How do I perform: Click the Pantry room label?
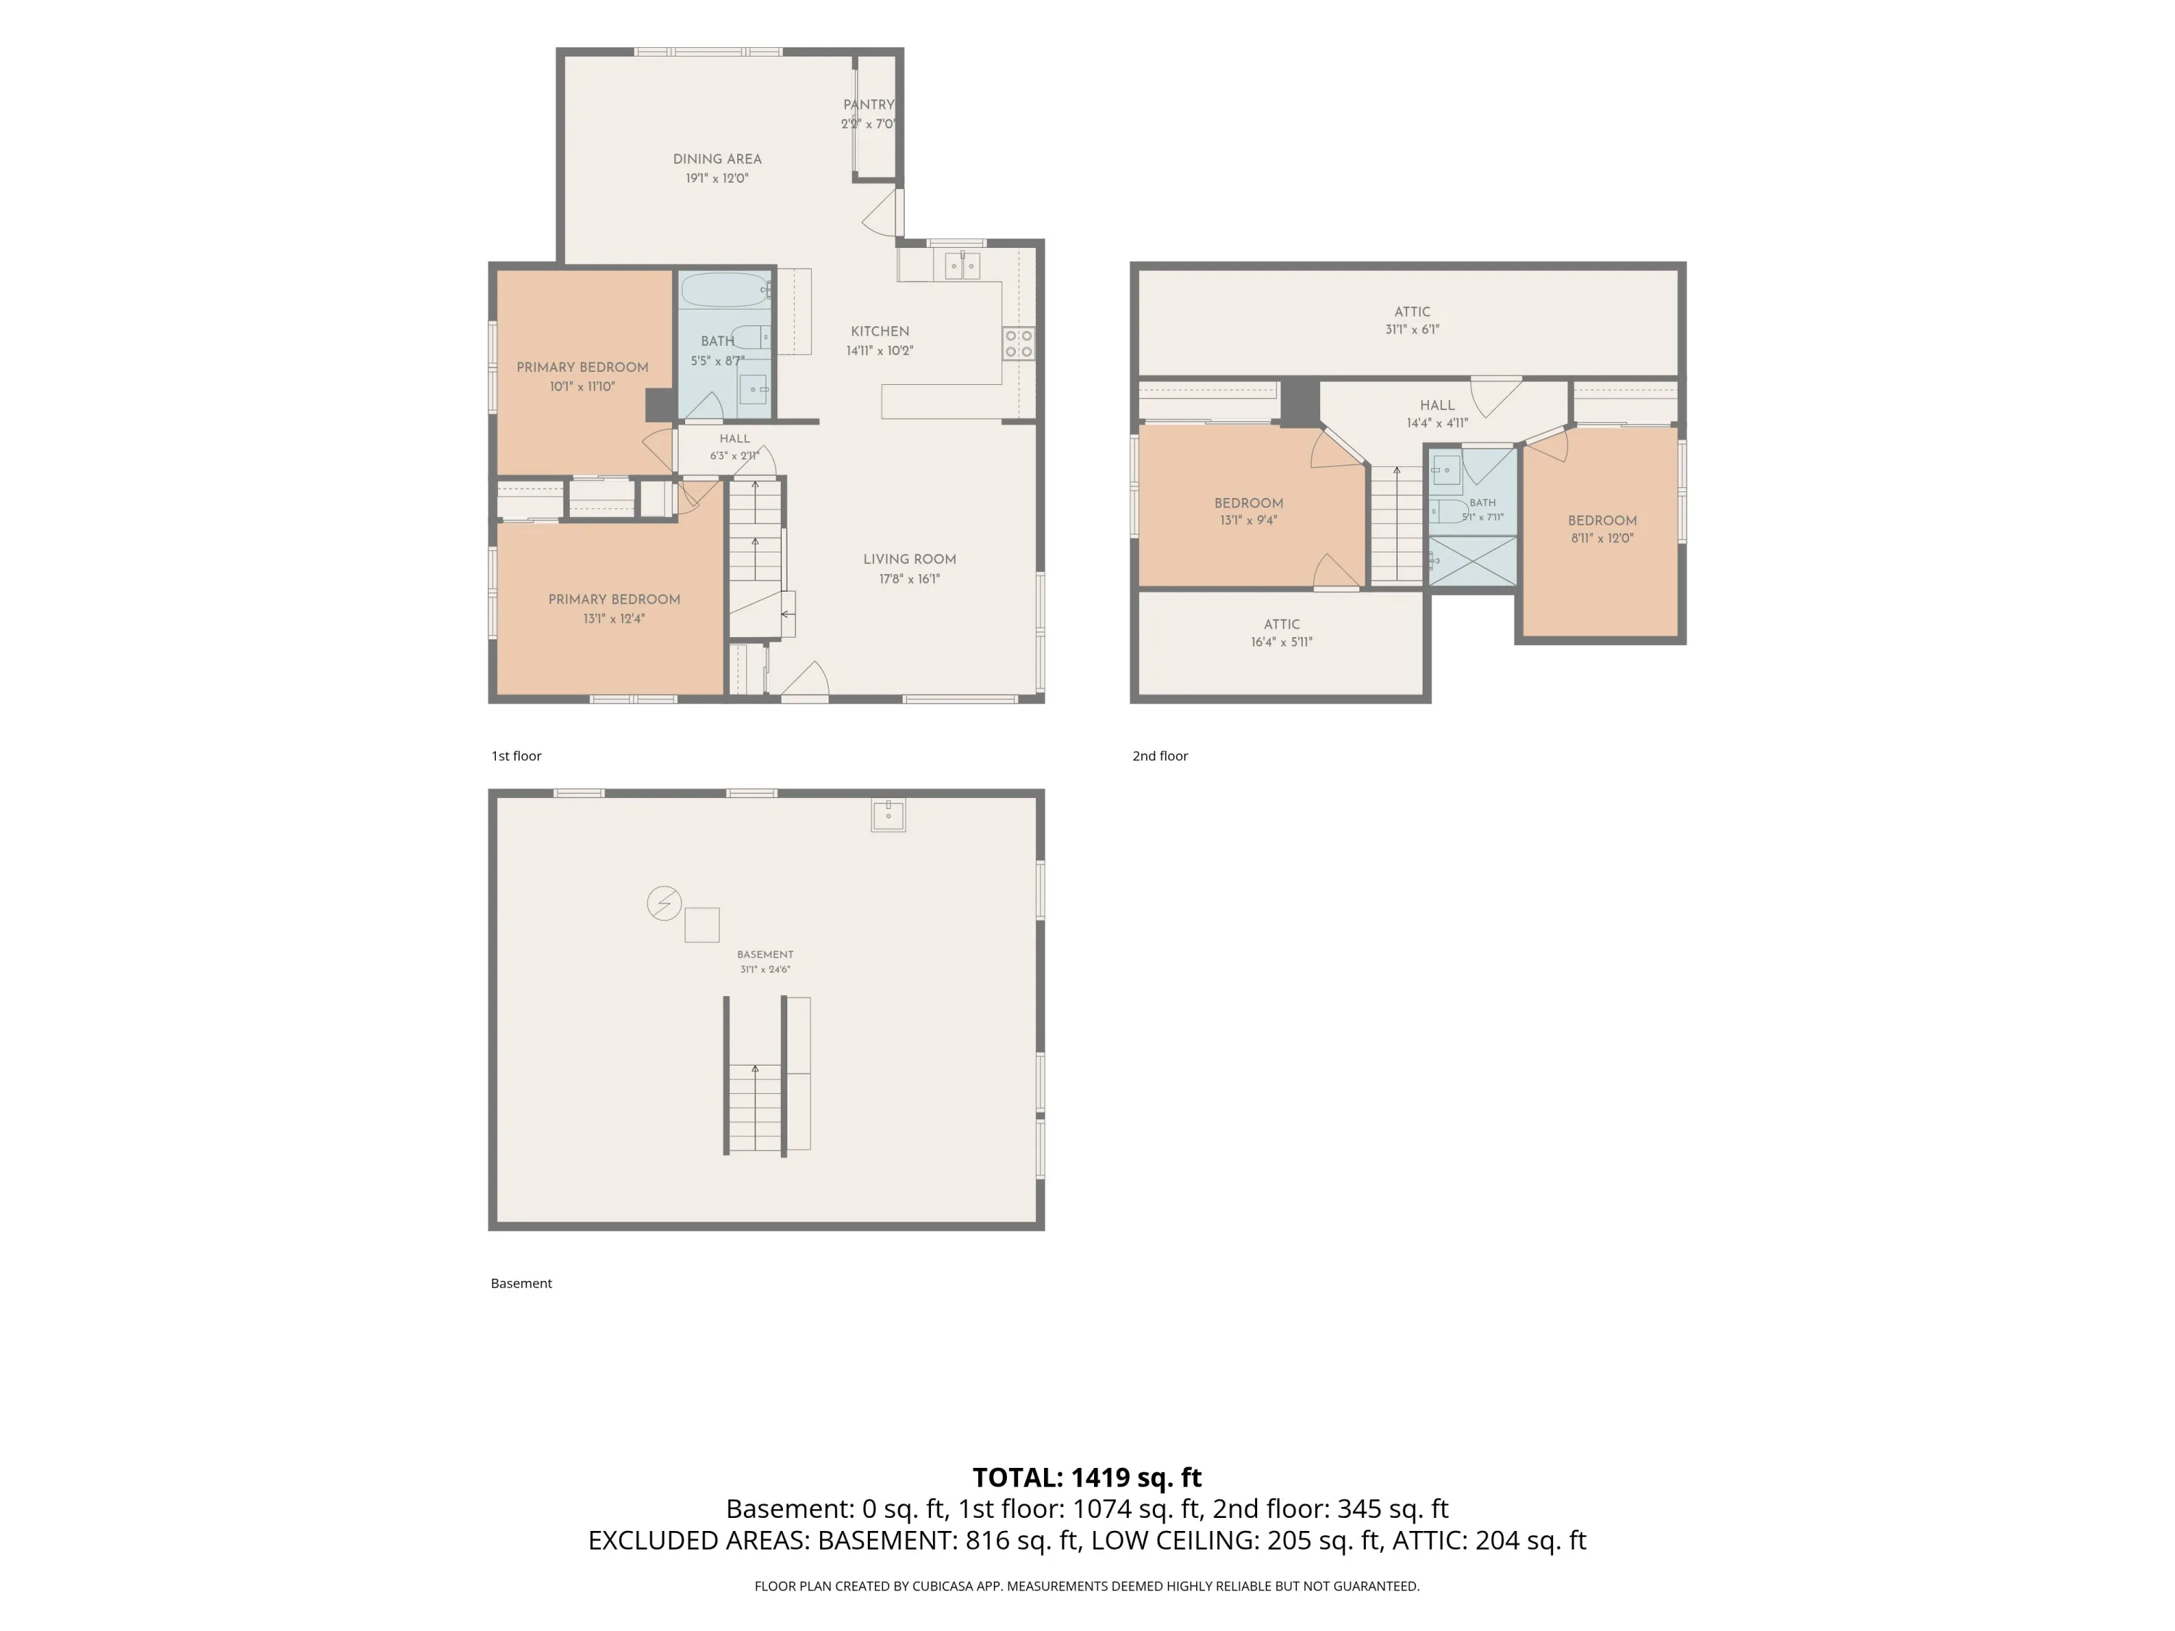click(869, 104)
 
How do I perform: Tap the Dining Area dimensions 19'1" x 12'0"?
click(717, 178)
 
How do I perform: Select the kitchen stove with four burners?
click(1019, 343)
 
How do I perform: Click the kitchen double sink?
click(963, 265)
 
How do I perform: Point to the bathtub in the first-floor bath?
click(726, 290)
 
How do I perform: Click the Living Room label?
click(910, 558)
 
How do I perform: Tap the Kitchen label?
click(880, 331)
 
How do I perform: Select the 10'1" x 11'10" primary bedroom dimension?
click(582, 386)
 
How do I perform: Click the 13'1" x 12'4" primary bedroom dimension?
click(613, 618)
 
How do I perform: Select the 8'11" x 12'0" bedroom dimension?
click(1602, 538)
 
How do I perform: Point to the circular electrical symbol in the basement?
click(663, 902)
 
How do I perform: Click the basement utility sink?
click(888, 815)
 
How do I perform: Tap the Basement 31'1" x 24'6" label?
click(765, 961)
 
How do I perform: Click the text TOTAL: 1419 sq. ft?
click(1087, 1477)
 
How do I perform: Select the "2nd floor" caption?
click(1160, 755)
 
